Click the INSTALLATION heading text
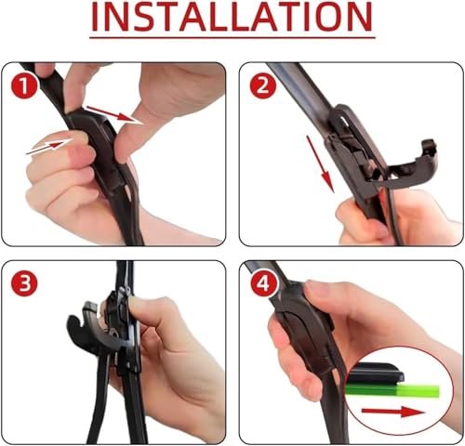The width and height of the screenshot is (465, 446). tap(232, 17)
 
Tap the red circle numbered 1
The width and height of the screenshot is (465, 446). tap(24, 86)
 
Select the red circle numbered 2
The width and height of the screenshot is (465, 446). tap(263, 85)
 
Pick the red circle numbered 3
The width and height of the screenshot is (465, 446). tap(24, 283)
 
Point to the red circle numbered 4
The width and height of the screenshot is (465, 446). tap(264, 283)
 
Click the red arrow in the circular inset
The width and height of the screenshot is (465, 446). tap(393, 412)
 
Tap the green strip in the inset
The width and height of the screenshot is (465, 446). tap(393, 391)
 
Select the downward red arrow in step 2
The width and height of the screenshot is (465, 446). tap(320, 164)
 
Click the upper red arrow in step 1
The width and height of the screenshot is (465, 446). tap(114, 114)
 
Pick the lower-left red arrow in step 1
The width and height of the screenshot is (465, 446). tap(49, 146)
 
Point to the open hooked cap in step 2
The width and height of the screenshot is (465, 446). tap(412, 167)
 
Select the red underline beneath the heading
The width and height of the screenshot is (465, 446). tap(232, 38)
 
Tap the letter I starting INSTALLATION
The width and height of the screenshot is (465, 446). tap(95, 17)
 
